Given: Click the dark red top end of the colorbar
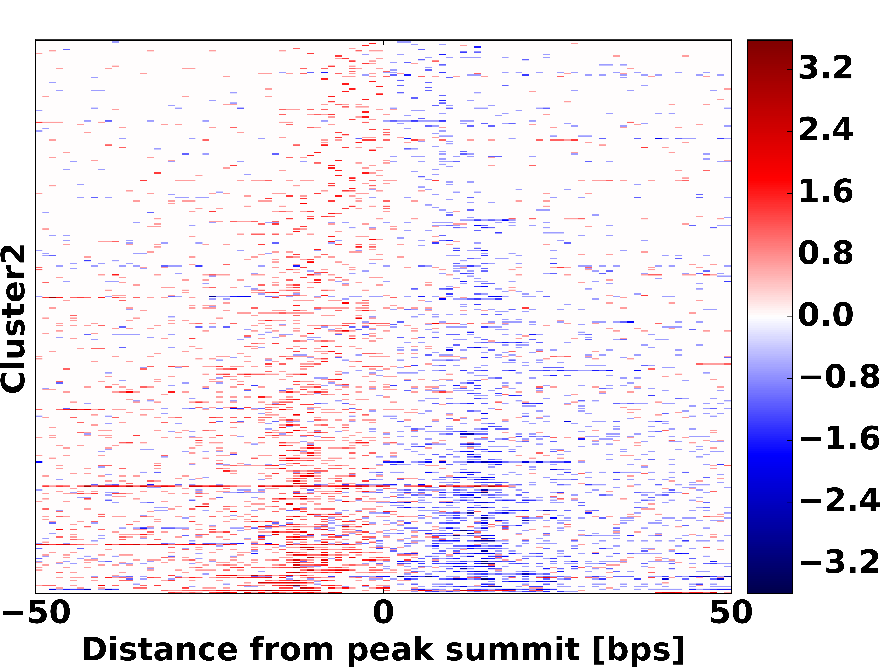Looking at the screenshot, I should click(x=770, y=44).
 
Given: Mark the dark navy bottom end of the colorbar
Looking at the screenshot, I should click(x=770, y=589).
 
